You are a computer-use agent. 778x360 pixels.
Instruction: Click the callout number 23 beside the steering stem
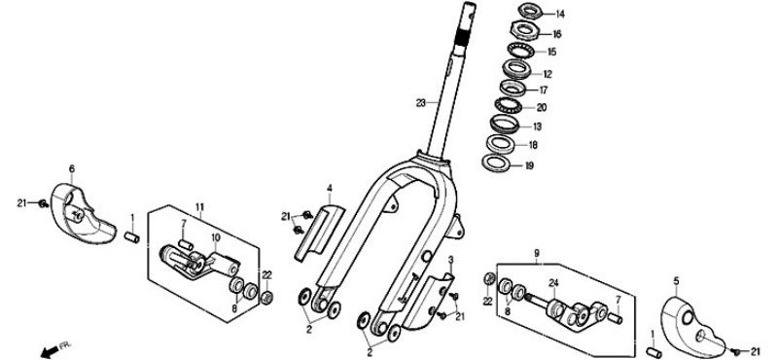pyautogui.click(x=421, y=103)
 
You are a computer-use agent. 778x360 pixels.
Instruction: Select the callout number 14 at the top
pyautogui.click(x=560, y=15)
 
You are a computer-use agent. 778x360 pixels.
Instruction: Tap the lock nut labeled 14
pyautogui.click(x=531, y=11)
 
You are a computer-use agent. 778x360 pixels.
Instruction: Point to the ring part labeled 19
pyautogui.click(x=497, y=162)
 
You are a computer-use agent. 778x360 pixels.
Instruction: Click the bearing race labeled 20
pyautogui.click(x=507, y=105)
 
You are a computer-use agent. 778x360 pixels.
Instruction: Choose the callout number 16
pyautogui.click(x=557, y=34)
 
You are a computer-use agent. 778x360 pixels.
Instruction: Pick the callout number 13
pyautogui.click(x=537, y=126)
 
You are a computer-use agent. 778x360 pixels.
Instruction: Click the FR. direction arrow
pyautogui.click(x=49, y=352)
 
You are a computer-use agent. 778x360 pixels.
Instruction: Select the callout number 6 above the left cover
pyautogui.click(x=72, y=169)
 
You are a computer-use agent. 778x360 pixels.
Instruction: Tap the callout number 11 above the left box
pyautogui.click(x=199, y=206)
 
